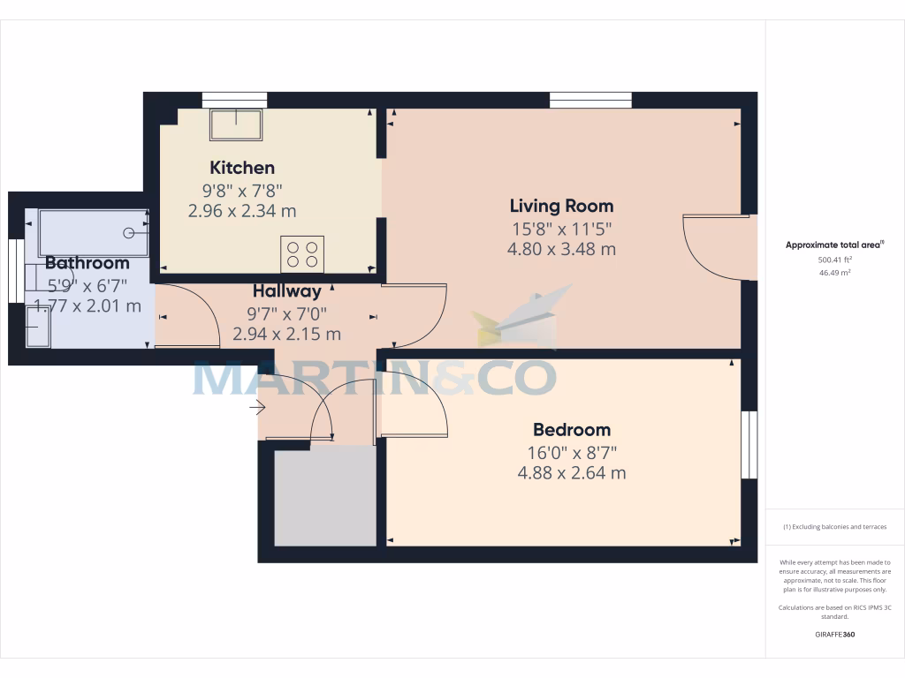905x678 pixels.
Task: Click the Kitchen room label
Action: [241, 168]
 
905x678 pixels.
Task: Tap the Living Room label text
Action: [561, 206]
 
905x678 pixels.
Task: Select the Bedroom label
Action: [571, 430]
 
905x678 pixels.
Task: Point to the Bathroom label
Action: [87, 262]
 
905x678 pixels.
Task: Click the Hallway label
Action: [286, 290]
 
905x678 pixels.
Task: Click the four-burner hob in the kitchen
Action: [302, 254]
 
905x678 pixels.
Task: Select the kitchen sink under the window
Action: [235, 124]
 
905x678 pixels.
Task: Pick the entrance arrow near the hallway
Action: [258, 407]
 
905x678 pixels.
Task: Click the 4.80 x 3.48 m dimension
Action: [561, 250]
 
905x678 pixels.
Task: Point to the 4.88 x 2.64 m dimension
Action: [571, 473]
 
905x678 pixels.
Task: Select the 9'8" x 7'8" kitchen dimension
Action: [241, 190]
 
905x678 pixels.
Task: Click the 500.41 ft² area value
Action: [834, 260]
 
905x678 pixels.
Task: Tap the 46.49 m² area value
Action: [834, 274]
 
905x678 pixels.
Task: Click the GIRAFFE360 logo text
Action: [834, 635]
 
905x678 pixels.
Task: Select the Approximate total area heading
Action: [834, 245]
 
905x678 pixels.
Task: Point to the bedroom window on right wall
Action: [749, 445]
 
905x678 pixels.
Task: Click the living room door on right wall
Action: [716, 247]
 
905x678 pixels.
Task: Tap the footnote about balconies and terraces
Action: [834, 527]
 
